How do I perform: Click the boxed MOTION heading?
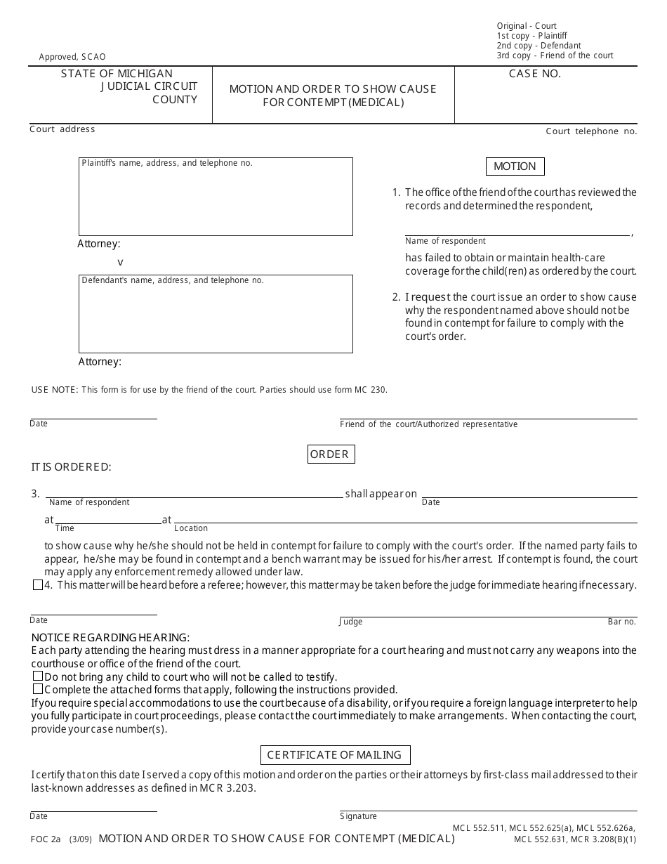coord(515,166)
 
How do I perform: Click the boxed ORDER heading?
coord(329,454)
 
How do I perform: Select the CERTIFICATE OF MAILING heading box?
coord(334,755)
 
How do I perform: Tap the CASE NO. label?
coord(534,74)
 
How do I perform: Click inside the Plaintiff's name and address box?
coord(215,200)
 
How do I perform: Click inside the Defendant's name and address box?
coord(215,318)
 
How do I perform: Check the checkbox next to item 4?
coord(38,585)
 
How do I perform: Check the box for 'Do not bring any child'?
coord(38,676)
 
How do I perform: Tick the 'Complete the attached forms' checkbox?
coord(38,689)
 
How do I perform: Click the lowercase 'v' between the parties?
coord(120,262)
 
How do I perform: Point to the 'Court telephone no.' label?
coord(591,131)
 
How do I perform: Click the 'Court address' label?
coord(62,129)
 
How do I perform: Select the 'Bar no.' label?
coord(621,622)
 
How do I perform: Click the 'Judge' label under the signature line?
coord(351,622)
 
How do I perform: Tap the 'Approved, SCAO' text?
coord(72,57)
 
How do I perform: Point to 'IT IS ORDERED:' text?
coord(71,467)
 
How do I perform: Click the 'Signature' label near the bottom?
coord(358,816)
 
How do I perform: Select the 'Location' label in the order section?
coord(191,528)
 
